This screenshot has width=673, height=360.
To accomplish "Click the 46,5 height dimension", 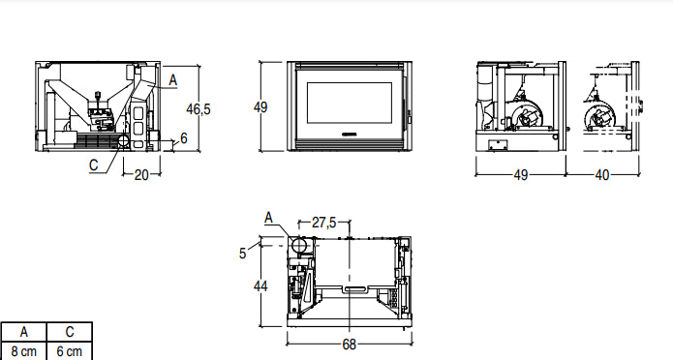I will pyautogui.click(x=198, y=109).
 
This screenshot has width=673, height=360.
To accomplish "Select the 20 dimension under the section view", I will pyautogui.click(x=141, y=175).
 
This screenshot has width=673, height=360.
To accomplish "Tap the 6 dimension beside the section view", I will pyautogui.click(x=184, y=138).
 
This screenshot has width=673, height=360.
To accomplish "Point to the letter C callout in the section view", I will pyautogui.click(x=94, y=165).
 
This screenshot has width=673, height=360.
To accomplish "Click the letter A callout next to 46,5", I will pyautogui.click(x=172, y=78).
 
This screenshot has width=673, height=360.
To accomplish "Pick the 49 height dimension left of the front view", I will pyautogui.click(x=260, y=107).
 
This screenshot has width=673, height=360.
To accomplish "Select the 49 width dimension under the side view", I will pyautogui.click(x=520, y=175).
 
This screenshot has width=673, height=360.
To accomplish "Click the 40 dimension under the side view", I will pyautogui.click(x=601, y=175).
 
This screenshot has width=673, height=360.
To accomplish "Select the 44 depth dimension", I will pyautogui.click(x=260, y=285).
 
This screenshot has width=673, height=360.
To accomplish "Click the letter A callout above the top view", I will pyautogui.click(x=268, y=217).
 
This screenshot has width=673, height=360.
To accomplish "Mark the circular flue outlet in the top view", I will pyautogui.click(x=299, y=245).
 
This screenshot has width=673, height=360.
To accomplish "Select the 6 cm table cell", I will pyautogui.click(x=69, y=350).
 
